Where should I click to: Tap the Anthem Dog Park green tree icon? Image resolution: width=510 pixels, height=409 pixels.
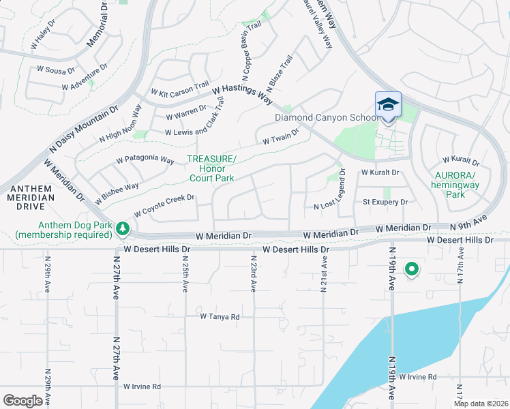pyautogui.click(x=122, y=228)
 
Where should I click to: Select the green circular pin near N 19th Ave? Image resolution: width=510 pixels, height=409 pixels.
pyautogui.click(x=411, y=269)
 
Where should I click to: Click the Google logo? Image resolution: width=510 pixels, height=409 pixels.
pyautogui.click(x=22, y=401)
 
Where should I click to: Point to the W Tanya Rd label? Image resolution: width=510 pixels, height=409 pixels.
pyautogui.click(x=220, y=317)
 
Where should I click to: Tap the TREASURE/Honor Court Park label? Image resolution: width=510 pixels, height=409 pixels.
pyautogui.click(x=211, y=168)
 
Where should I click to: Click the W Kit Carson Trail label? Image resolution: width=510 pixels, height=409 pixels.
pyautogui.click(x=180, y=89)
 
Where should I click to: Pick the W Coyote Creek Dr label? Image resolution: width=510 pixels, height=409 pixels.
pyautogui.click(x=164, y=205)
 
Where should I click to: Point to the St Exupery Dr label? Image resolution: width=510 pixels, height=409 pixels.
pyautogui.click(x=385, y=202)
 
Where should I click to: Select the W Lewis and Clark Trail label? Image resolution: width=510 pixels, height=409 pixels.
pyautogui.click(x=194, y=122)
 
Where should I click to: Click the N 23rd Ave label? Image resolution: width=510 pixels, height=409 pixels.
pyautogui.click(x=253, y=274)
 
